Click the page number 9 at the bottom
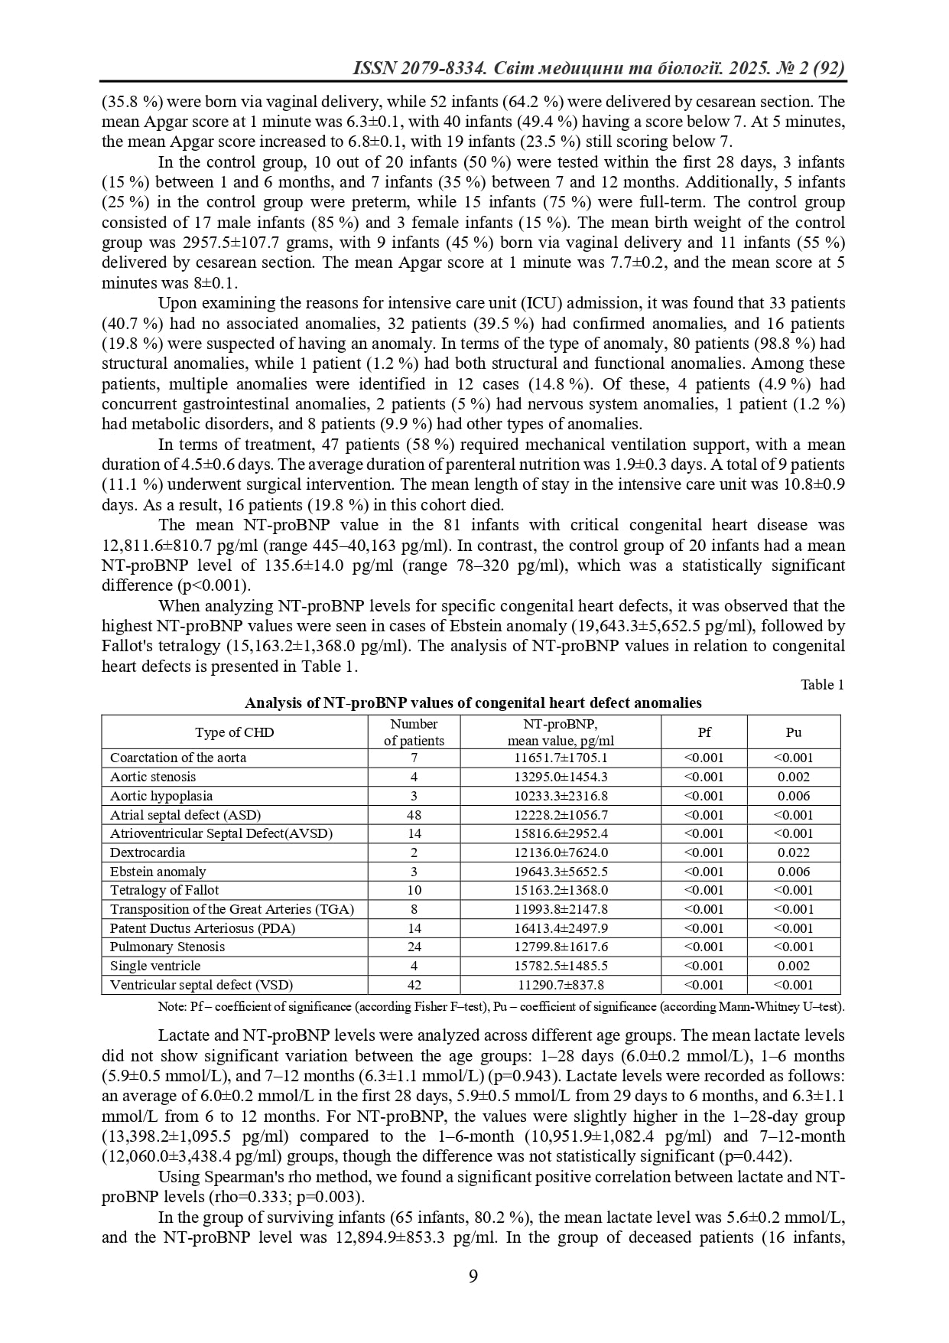473,1276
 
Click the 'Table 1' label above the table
822,685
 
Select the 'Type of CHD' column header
234,732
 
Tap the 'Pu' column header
793,732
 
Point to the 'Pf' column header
704,732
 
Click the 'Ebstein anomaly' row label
158,872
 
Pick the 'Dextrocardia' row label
148,852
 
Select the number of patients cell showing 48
414,815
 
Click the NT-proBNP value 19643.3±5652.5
561,872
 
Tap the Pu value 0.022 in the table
793,852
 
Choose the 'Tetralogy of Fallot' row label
164,890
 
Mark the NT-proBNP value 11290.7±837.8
561,985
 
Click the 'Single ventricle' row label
155,966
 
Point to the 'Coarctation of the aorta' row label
178,758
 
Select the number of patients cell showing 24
414,947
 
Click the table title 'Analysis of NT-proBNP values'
473,702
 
